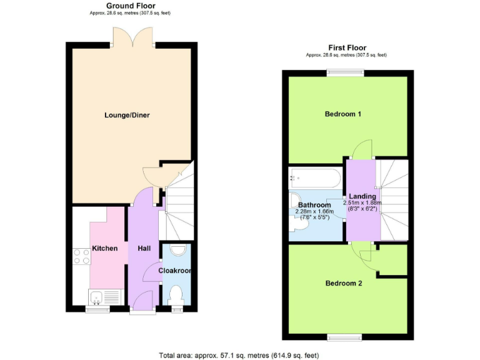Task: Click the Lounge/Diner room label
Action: click(x=127, y=115)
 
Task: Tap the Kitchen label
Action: click(x=105, y=249)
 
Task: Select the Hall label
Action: click(x=144, y=249)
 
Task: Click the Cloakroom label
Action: click(x=175, y=271)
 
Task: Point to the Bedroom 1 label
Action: click(x=343, y=114)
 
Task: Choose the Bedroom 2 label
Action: click(x=344, y=283)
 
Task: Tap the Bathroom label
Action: click(x=314, y=205)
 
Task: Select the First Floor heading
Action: click(x=347, y=47)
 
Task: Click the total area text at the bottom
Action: click(x=239, y=355)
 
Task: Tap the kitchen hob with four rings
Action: click(x=82, y=256)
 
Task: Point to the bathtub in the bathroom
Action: click(x=314, y=178)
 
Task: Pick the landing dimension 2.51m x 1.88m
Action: click(x=362, y=203)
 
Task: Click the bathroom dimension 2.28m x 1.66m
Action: click(x=314, y=212)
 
